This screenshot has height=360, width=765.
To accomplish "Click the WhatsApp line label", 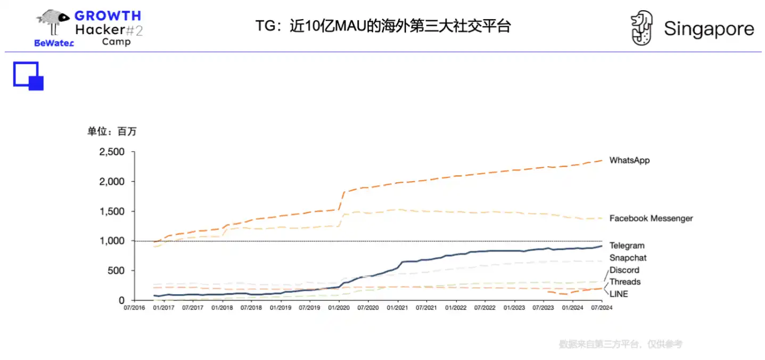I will (629, 160).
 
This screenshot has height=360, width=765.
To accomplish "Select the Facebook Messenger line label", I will (651, 218).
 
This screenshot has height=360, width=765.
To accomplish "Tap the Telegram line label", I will (627, 246).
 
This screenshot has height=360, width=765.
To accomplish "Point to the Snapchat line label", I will (628, 258).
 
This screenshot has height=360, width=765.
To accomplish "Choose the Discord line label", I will (624, 270).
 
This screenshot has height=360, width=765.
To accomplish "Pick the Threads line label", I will (624, 282).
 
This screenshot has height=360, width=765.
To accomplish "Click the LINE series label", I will (619, 294).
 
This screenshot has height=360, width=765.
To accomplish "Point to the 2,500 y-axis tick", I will (112, 152).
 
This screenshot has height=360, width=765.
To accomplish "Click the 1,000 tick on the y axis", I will (112, 241).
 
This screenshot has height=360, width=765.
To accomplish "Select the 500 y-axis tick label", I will (117, 271).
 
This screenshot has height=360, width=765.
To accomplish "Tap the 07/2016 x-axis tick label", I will (134, 308).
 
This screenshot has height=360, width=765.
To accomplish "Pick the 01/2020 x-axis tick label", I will (339, 308).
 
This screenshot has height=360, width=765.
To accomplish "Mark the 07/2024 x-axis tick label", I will (601, 308).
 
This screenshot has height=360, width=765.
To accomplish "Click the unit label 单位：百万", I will (112, 132).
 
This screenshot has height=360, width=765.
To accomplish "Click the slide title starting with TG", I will (383, 26).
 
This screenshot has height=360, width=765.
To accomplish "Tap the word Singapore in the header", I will (709, 29).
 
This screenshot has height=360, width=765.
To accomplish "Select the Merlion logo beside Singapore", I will (641, 28).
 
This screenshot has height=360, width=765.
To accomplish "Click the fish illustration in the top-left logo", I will (53, 17).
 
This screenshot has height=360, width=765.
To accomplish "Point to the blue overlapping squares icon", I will (28, 76).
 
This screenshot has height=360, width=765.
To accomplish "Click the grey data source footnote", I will (620, 344).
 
